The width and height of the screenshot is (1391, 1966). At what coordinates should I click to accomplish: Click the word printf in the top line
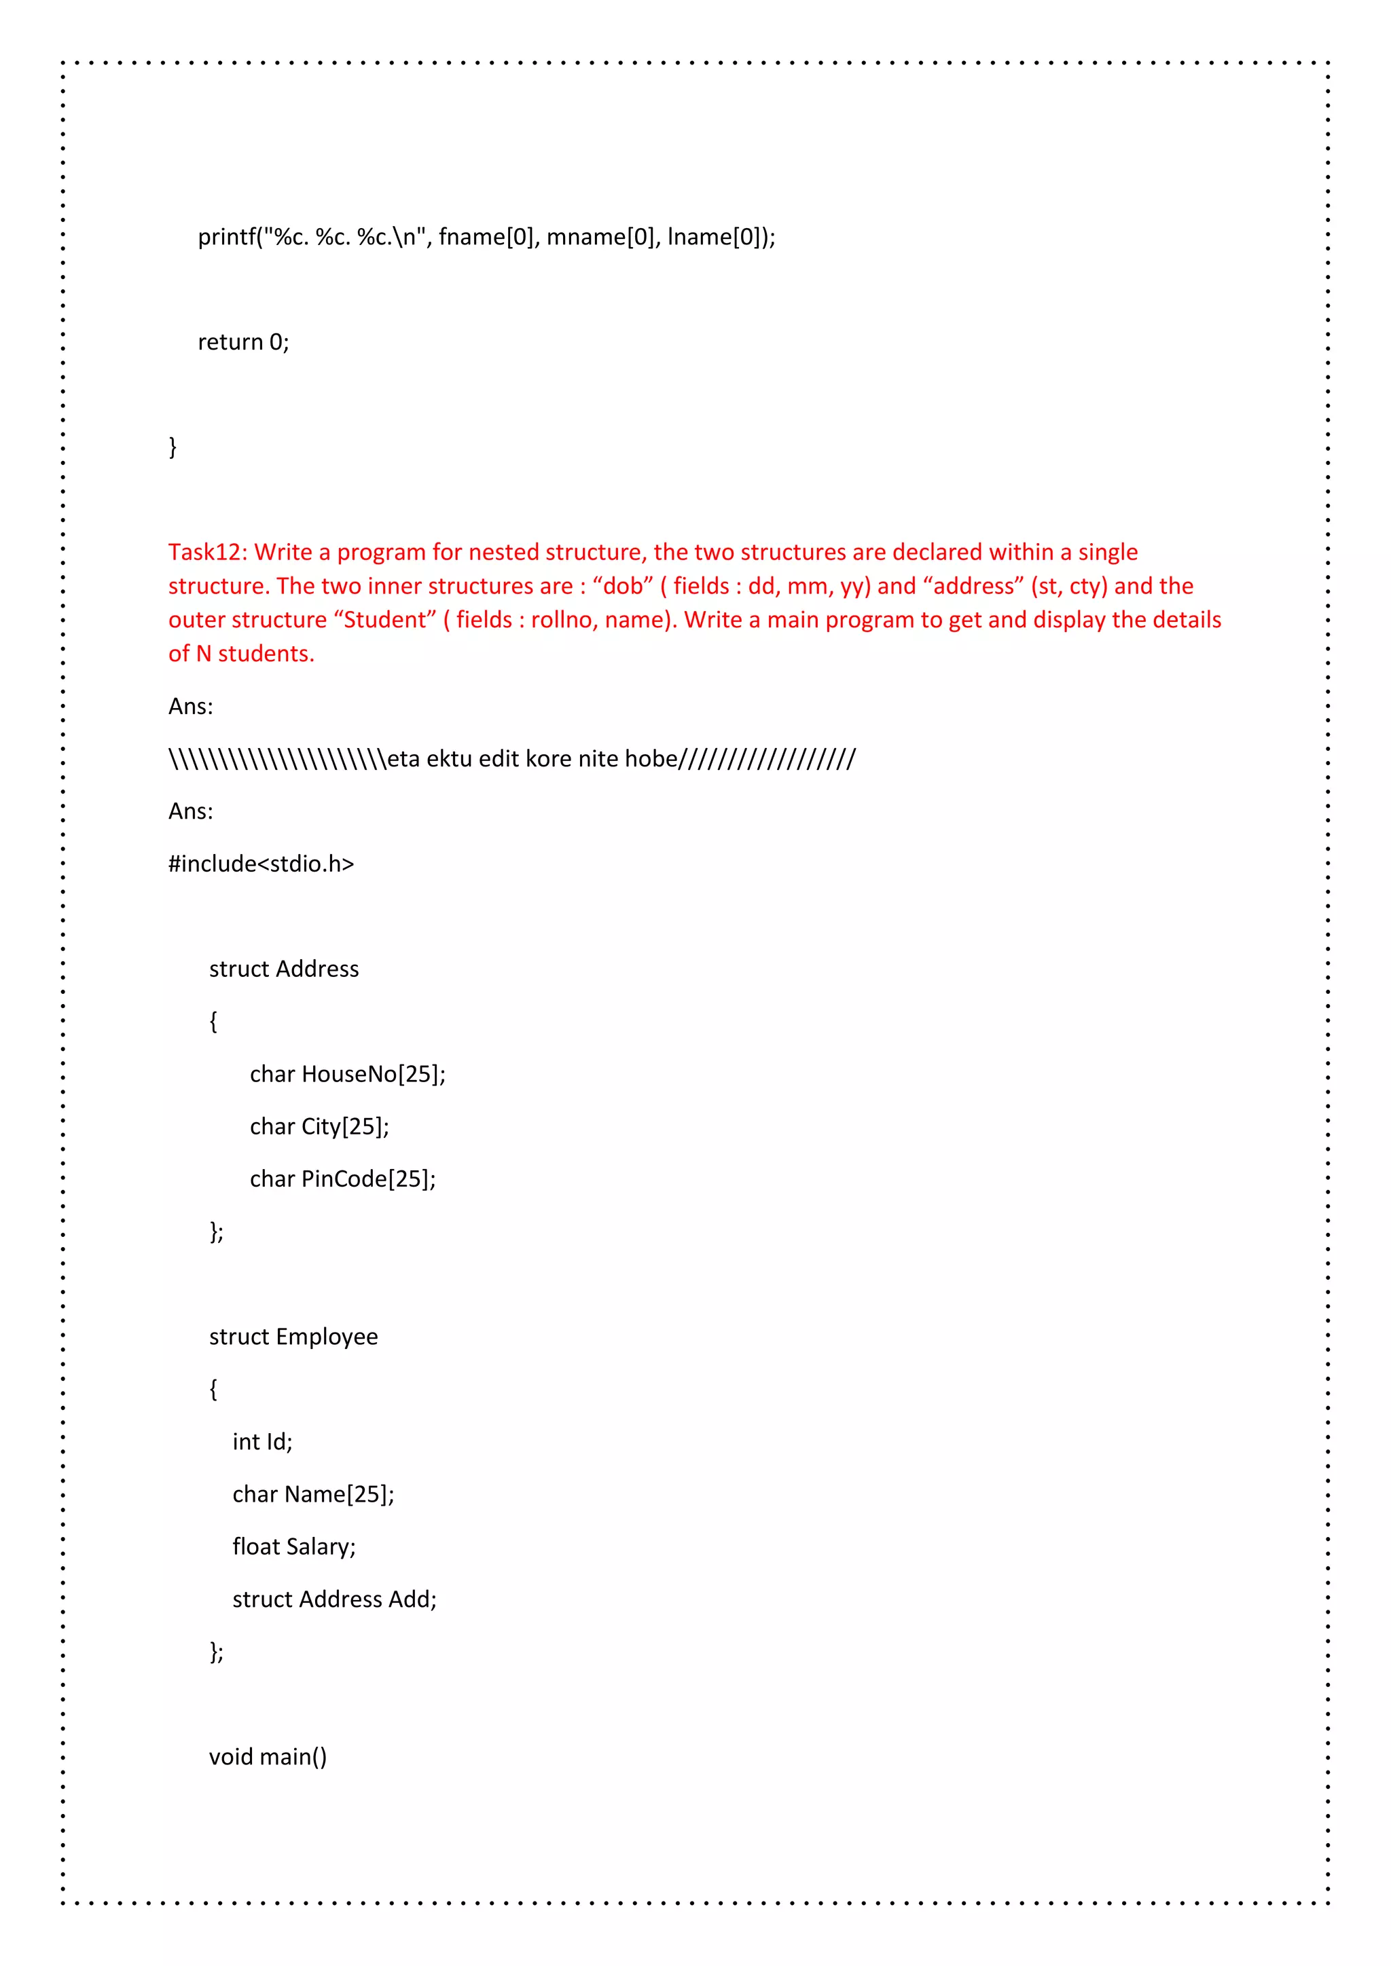coord(227,236)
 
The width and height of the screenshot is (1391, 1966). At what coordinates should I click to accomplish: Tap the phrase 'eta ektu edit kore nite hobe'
coord(532,759)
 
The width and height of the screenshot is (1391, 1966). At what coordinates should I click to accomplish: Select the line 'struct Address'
coord(283,969)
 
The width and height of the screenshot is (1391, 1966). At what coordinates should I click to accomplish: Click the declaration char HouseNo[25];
coord(348,1074)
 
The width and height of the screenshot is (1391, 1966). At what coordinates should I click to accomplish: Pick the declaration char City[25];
coord(319,1126)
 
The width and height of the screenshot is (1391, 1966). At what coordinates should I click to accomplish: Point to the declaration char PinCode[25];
coord(342,1179)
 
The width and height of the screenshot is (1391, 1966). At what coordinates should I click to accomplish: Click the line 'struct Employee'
coord(293,1337)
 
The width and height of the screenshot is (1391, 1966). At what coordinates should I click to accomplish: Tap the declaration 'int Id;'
coord(262,1442)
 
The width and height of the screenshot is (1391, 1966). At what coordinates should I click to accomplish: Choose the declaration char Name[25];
coord(314,1494)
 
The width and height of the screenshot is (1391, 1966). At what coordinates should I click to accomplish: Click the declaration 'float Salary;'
coord(294,1546)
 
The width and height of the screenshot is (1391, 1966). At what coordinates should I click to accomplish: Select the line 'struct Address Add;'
coord(334,1599)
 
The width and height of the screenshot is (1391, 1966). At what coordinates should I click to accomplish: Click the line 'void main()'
coord(267,1757)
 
